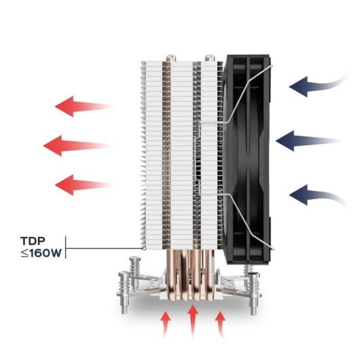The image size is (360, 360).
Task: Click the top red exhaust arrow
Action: click(83, 107)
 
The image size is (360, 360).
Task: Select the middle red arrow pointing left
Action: click(76, 145)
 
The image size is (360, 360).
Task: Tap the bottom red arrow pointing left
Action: click(83, 185)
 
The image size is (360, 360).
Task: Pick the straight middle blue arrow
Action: click(308, 141)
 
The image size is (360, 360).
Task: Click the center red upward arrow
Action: click(193, 321)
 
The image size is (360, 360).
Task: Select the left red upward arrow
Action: click(165, 324)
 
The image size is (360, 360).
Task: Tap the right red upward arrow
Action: click(220, 324)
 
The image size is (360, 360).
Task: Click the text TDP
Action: click(33, 241)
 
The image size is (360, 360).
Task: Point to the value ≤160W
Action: click(41, 253)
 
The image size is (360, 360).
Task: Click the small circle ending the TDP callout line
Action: click(144, 248)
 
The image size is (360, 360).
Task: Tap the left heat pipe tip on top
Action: click(170, 58)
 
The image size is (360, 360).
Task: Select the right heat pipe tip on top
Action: click(209, 58)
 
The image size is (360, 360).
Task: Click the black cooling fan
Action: click(247, 160)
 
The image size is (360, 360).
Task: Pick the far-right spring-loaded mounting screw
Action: click(255, 293)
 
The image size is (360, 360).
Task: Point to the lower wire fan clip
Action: click(236, 221)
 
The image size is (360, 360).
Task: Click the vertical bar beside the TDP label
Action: click(66, 247)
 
